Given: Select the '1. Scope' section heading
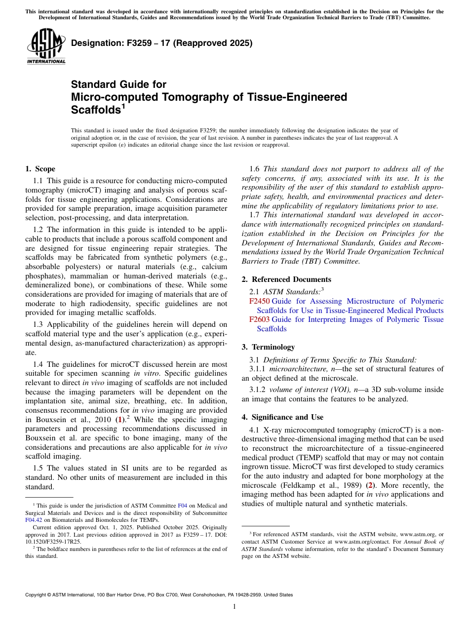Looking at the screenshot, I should (40, 169).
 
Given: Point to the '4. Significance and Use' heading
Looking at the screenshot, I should (282, 417).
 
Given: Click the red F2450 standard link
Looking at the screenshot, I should (260, 301).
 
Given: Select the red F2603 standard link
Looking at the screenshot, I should (260, 319).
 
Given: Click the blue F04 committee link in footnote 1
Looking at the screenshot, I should (181, 506).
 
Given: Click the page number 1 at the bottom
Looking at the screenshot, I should (234, 607).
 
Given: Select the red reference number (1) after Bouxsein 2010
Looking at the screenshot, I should (118, 420).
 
